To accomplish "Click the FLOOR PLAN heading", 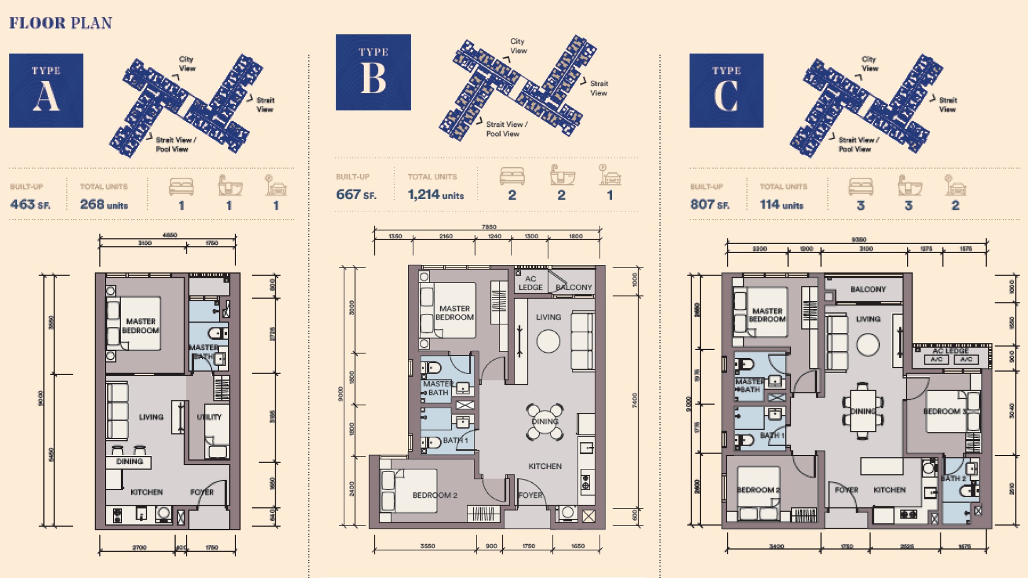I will [x=61, y=23].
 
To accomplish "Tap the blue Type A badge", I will [x=46, y=90].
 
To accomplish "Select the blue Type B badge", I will [x=373, y=72].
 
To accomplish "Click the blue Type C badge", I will [x=726, y=90].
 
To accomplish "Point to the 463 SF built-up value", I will [x=30, y=204].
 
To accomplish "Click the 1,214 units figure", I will [x=435, y=195].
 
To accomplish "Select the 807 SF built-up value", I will [x=709, y=204].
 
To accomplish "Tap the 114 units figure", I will [x=781, y=204].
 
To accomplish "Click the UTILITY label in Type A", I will [x=209, y=417].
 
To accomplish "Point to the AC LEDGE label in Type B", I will [x=530, y=283].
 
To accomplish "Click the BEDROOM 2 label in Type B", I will [x=435, y=495].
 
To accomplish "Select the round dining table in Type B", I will [x=545, y=422].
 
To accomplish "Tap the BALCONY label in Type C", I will [x=868, y=290].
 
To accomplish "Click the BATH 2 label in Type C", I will [x=953, y=478].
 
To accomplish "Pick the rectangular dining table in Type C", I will [x=862, y=412].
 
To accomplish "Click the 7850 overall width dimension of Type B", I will [x=489, y=227].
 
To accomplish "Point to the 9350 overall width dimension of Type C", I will [x=859, y=240].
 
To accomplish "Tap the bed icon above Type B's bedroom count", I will [x=512, y=176].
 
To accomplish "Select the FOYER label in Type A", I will [x=202, y=492].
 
